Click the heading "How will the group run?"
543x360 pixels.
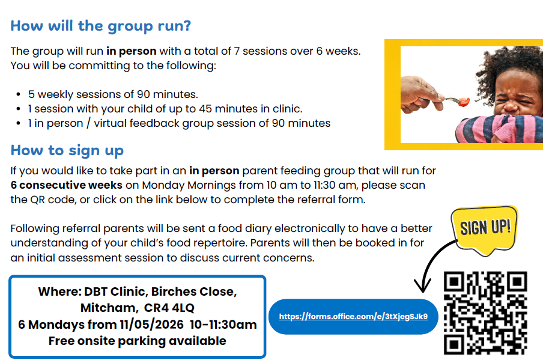click(101, 26)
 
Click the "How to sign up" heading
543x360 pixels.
click(67, 151)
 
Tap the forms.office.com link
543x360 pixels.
click(353, 316)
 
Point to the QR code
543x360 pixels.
click(485, 313)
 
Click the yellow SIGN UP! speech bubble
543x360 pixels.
click(485, 229)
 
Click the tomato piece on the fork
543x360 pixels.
click(464, 102)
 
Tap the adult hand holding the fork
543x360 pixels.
click(420, 94)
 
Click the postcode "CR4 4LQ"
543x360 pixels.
click(169, 308)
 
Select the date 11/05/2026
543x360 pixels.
click(152, 325)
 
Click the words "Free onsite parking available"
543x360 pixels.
click(138, 341)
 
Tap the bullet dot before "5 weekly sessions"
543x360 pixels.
click(19, 94)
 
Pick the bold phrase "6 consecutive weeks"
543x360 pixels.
click(67, 185)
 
